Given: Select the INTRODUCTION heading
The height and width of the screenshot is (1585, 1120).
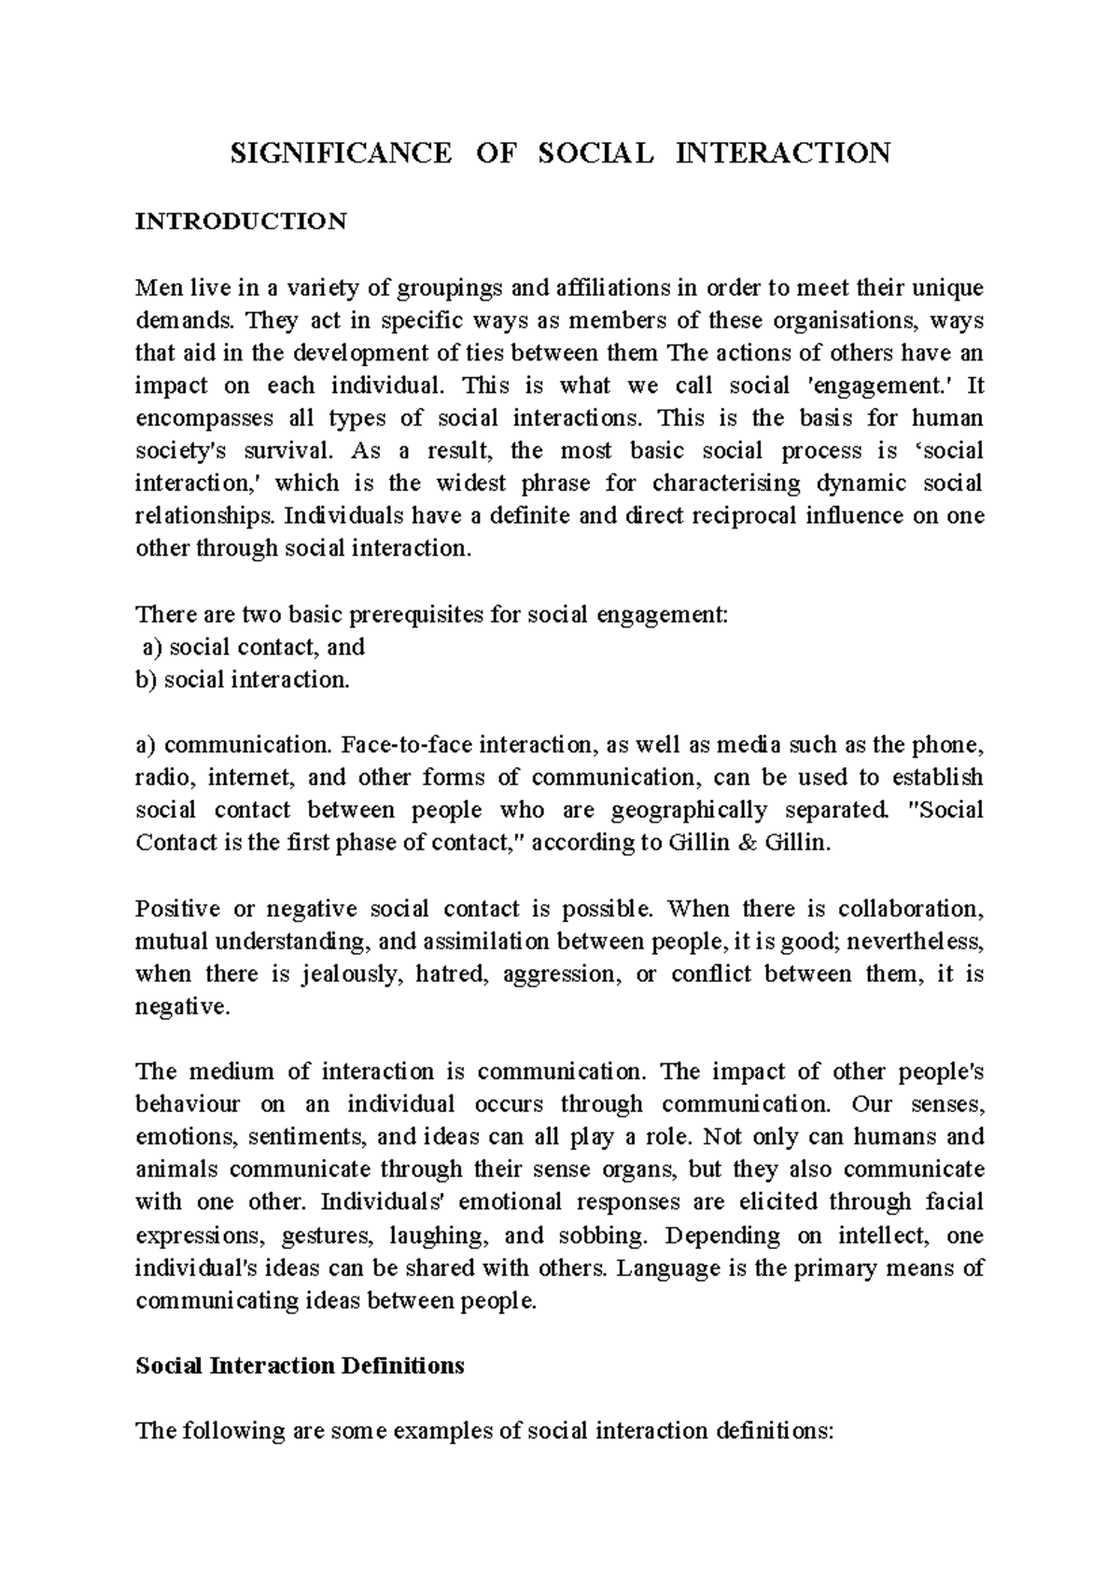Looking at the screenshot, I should point(241,222).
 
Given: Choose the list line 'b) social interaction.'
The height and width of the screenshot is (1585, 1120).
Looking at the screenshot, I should point(243,680).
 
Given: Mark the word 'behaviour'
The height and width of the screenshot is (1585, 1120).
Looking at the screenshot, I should point(188,1104).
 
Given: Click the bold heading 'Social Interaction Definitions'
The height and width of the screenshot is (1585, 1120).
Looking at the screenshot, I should point(300,1367).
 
